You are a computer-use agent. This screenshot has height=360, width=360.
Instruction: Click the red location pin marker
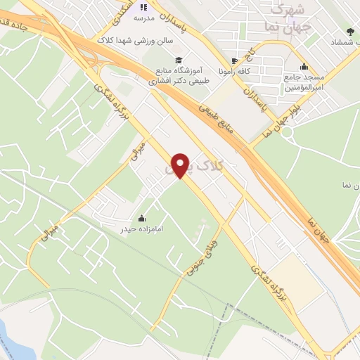pos(182,165)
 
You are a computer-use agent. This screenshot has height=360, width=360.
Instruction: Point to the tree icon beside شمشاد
pos(349,32)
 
